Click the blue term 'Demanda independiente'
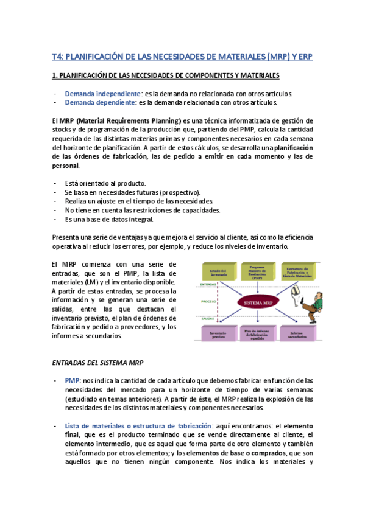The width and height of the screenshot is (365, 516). pyautogui.click(x=102, y=94)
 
